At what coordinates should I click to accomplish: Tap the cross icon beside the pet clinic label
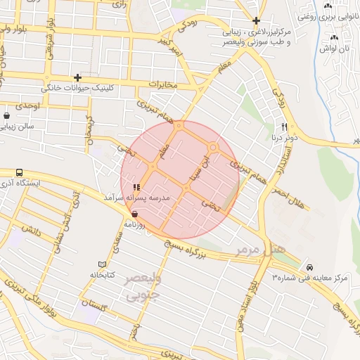(77, 77)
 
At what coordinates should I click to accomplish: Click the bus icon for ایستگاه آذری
(19, 172)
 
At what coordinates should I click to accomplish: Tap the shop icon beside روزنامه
(134, 214)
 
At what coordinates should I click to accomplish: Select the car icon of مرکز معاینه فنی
(310, 267)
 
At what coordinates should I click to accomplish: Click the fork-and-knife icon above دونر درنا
(285, 127)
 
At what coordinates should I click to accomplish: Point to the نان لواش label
(335, 49)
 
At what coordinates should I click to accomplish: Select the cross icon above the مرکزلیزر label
(257, 20)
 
